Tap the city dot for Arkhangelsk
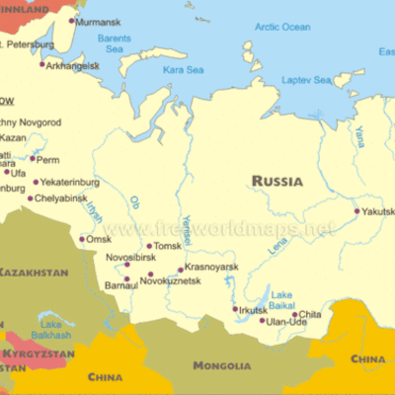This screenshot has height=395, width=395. point(42,65)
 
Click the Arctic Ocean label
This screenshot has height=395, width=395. point(282,27)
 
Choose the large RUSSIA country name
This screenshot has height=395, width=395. point(277,181)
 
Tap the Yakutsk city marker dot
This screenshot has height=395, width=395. point(357,210)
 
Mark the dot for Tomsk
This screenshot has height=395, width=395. point(149,247)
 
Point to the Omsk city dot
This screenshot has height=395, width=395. point(82,239)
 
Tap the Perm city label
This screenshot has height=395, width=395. point(48,159)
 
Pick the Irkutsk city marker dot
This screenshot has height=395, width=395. point(235,309)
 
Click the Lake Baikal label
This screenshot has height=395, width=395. point(281,299)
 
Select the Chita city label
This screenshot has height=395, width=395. point(310,315)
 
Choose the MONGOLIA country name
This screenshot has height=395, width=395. point(222,365)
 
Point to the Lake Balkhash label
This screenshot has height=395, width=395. point(54,328)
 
